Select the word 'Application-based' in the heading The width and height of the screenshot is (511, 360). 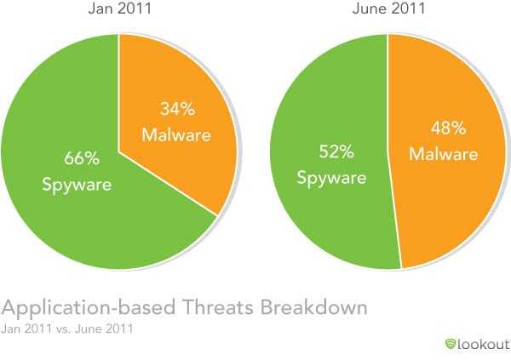89,307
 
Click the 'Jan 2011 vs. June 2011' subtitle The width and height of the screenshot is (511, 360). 63,327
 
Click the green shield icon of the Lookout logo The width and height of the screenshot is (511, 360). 451,342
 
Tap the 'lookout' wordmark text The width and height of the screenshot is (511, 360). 483,342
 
